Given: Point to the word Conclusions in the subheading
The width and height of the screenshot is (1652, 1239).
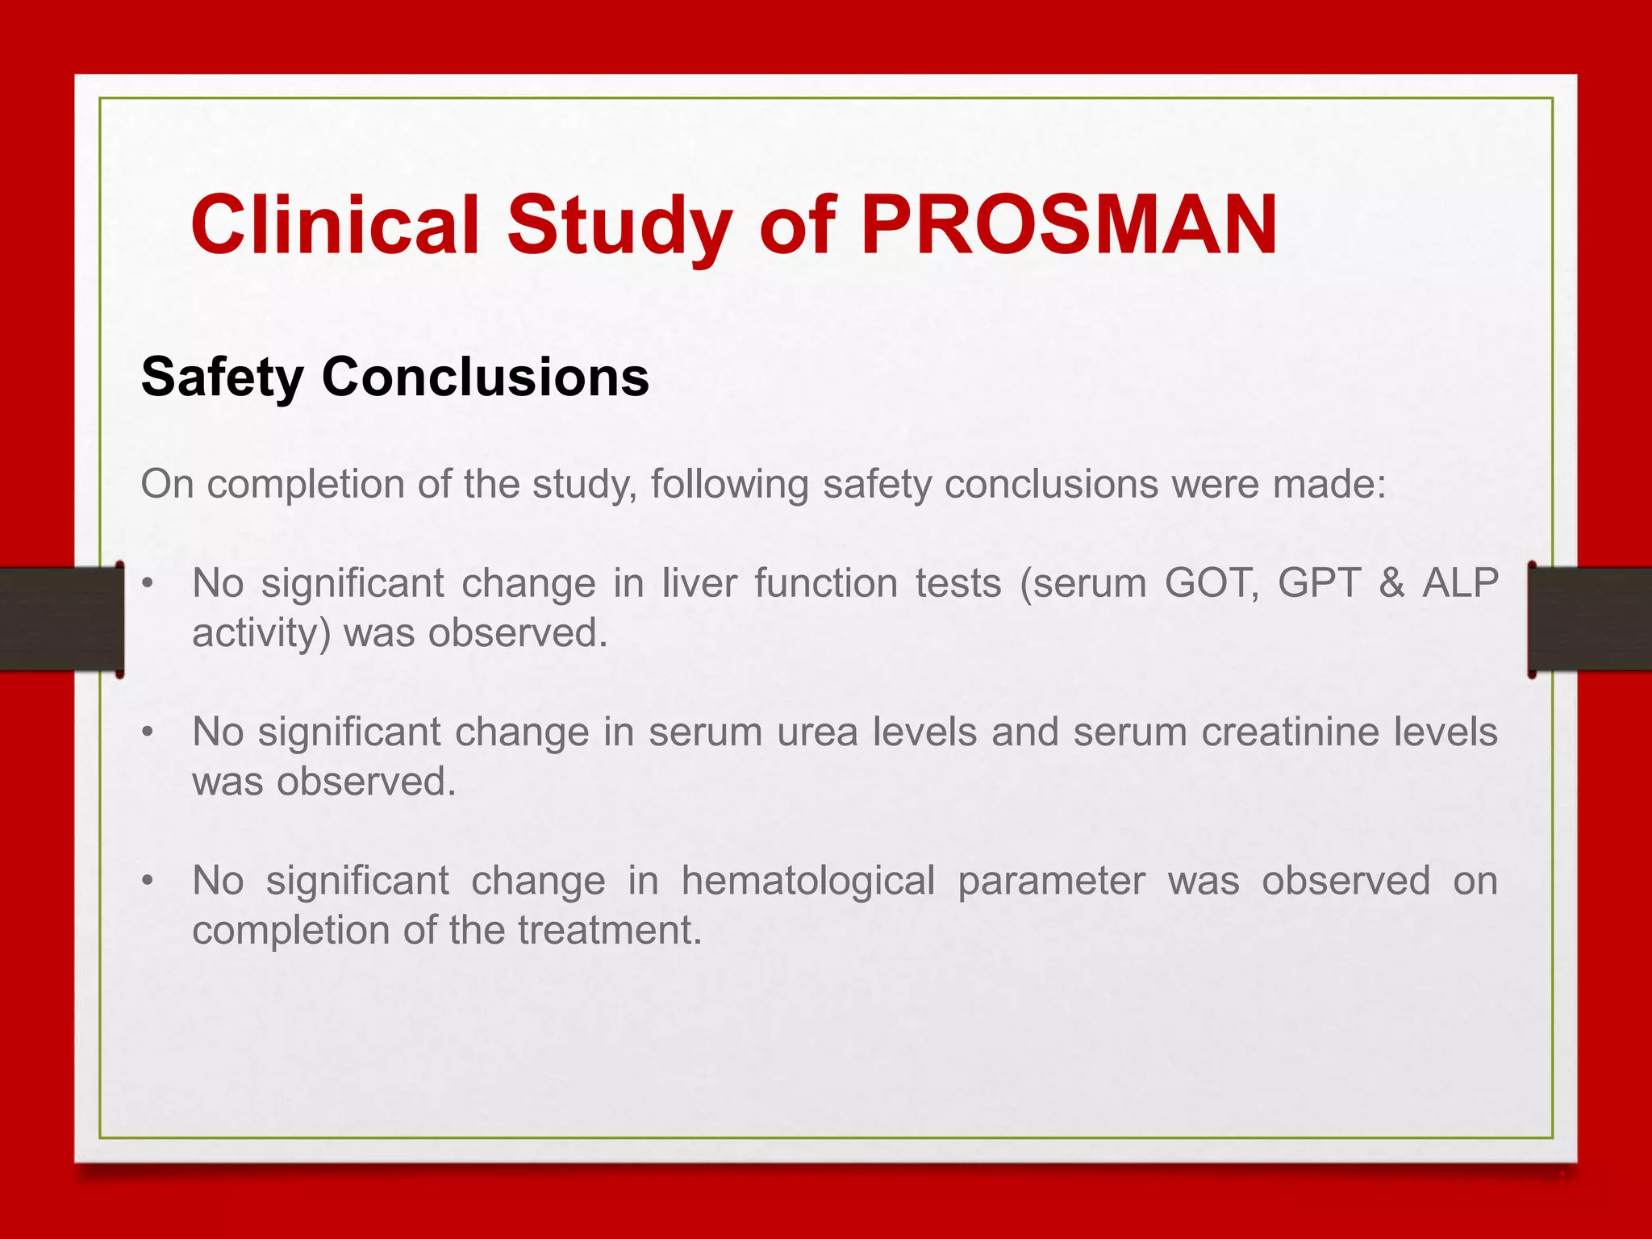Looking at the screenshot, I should (x=485, y=377).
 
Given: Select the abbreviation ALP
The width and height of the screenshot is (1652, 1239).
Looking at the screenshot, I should (x=1460, y=582).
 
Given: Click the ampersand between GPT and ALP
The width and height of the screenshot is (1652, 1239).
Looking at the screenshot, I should (x=1391, y=582).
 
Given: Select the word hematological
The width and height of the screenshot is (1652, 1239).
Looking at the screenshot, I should (x=808, y=880).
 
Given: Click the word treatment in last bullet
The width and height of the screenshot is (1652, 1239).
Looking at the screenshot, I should (x=609, y=930).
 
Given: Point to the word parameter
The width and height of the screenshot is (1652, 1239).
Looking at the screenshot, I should (x=1051, y=882).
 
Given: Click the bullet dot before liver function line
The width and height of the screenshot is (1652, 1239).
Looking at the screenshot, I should (x=147, y=582).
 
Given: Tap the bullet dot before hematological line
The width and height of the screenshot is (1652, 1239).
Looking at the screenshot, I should (x=147, y=880).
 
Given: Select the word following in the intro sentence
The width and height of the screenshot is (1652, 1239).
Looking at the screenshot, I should (x=729, y=485).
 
